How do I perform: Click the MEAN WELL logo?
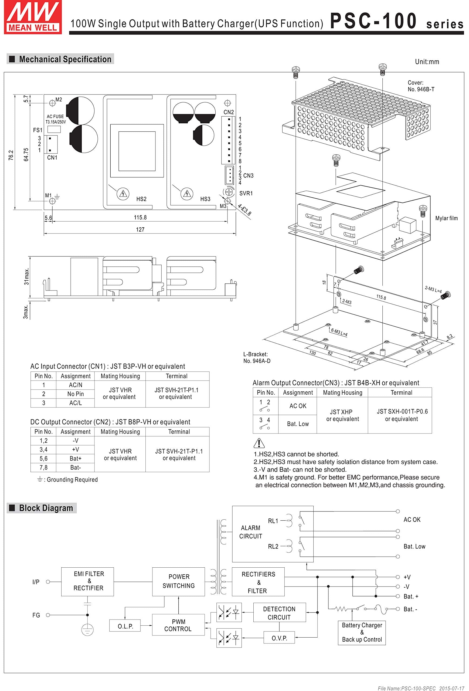click(x=33, y=17)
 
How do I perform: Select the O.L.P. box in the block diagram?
click(x=125, y=626)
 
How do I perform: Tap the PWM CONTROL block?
click(x=178, y=625)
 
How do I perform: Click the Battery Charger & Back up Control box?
click(x=362, y=632)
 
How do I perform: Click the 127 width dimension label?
click(x=140, y=229)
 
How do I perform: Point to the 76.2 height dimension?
click(x=11, y=155)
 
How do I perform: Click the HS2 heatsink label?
click(x=141, y=199)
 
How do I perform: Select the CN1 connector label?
click(x=52, y=158)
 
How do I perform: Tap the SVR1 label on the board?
click(x=246, y=193)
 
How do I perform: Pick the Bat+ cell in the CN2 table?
click(x=76, y=459)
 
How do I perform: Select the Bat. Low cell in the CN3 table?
click(x=298, y=424)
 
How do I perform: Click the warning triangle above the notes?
click(x=259, y=443)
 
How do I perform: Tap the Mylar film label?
click(x=446, y=218)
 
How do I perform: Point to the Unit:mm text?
click(x=427, y=62)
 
